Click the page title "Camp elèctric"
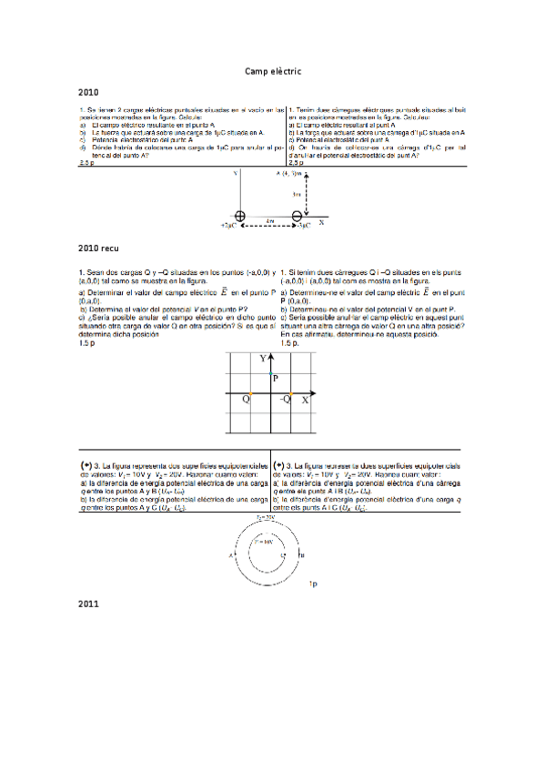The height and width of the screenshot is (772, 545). (272, 71)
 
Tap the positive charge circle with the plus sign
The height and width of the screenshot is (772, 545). (240, 216)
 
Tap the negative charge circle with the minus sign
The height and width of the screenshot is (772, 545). (297, 216)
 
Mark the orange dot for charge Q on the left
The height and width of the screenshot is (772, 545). (251, 393)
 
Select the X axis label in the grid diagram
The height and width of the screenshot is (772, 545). (305, 400)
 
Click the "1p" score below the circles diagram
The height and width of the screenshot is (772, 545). (312, 582)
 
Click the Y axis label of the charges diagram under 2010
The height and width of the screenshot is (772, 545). (235, 172)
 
